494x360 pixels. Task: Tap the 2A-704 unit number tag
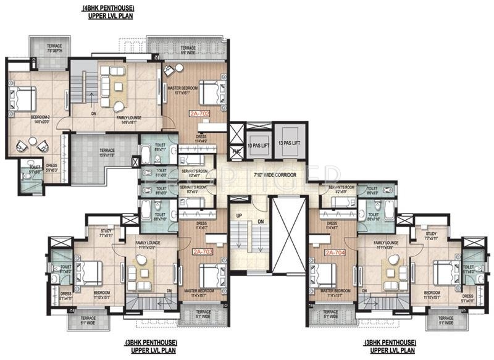tap(334, 253)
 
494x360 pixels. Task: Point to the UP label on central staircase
tap(239, 214)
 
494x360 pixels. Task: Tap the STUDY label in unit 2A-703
tap(106, 231)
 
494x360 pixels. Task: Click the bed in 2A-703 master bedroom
tap(209, 272)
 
